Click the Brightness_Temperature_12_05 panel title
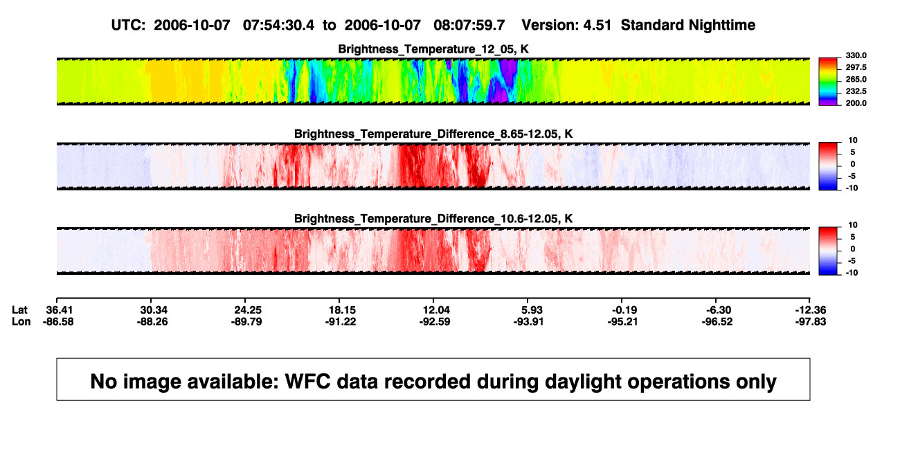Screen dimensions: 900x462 point(433,49)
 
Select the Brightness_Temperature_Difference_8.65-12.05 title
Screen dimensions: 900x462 point(433,134)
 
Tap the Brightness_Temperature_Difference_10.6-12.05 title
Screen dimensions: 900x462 point(433,219)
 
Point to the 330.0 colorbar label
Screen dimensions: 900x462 point(856,55)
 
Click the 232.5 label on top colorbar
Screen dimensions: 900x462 point(856,91)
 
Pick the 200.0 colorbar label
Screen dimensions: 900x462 point(856,103)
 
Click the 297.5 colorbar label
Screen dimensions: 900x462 point(856,67)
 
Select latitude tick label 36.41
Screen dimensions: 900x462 point(59,310)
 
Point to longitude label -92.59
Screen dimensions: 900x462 point(435,321)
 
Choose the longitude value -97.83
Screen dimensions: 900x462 point(811,321)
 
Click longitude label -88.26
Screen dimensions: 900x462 point(152,321)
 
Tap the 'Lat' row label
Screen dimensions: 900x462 point(19,310)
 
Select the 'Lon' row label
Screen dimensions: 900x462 point(21,321)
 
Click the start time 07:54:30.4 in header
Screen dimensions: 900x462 point(278,25)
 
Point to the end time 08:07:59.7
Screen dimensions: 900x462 point(469,25)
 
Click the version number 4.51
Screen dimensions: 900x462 point(597,25)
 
